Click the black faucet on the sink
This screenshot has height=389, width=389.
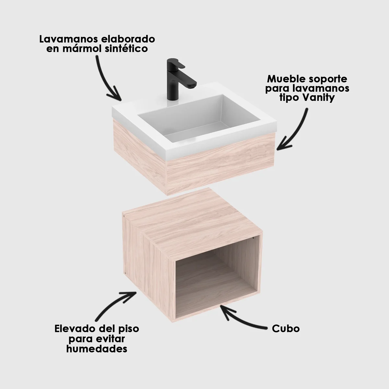[172, 81]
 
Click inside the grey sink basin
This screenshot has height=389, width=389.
[182, 120]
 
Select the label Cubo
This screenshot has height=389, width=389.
[286, 329]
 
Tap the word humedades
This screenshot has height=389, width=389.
[96, 349]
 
